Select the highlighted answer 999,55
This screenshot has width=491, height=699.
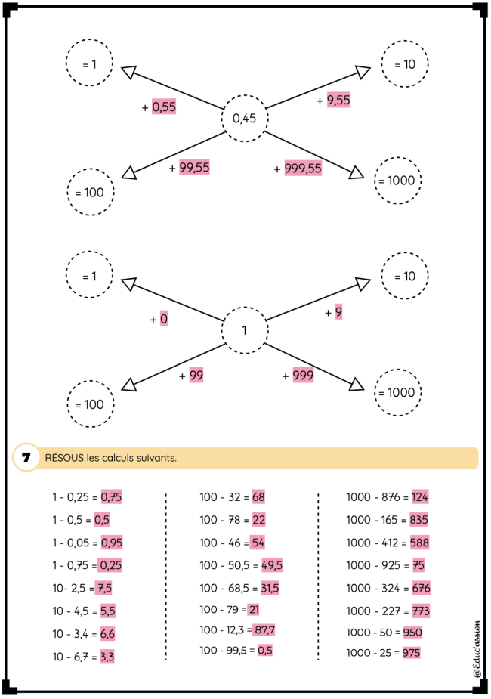[x=303, y=168]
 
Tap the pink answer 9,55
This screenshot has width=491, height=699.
[x=338, y=100]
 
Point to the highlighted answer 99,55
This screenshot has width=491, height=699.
[x=194, y=167]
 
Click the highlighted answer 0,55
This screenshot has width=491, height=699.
[x=164, y=107]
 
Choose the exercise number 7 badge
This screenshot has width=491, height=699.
[x=26, y=457]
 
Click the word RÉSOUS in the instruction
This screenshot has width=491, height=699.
[x=64, y=458]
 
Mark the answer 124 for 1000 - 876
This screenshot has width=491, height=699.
[x=420, y=496]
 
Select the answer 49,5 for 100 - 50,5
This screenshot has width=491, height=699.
[x=272, y=565]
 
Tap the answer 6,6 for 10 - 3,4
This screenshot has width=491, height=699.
[x=107, y=633]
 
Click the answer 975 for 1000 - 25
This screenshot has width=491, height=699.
[x=411, y=653]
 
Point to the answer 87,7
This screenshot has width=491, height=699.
[x=264, y=630]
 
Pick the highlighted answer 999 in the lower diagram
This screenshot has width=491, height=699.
[x=303, y=376]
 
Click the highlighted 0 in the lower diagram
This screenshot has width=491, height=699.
[x=163, y=319]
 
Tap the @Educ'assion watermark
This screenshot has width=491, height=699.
[x=477, y=648]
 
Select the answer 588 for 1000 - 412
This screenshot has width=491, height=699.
[x=420, y=543]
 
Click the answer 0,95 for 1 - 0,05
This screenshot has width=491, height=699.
[x=111, y=543]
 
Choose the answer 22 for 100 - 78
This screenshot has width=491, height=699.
[x=258, y=520]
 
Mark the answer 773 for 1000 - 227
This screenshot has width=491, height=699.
[x=421, y=611]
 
